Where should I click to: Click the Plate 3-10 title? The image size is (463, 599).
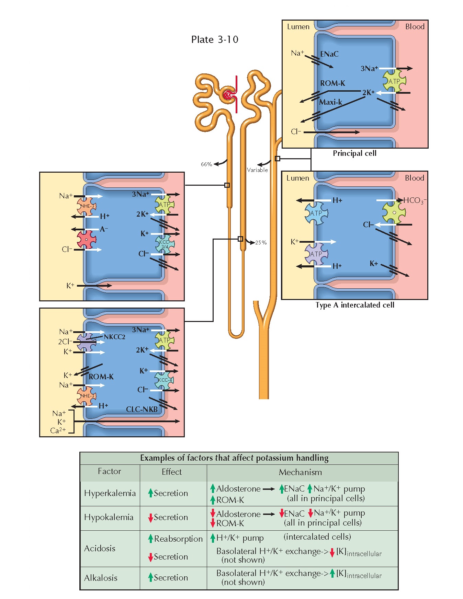(x=215, y=39)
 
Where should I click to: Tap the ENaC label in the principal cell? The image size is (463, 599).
(x=329, y=54)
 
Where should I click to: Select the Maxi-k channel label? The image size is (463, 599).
(x=330, y=102)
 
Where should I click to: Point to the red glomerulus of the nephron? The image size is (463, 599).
(x=228, y=95)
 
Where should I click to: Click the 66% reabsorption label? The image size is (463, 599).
(x=206, y=164)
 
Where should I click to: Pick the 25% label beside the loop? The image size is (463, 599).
(x=261, y=243)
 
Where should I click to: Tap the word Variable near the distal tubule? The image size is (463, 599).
(x=257, y=170)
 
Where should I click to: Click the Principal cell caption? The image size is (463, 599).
(x=354, y=153)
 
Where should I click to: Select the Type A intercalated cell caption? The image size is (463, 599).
(x=355, y=305)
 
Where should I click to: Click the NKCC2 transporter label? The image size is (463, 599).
(x=114, y=337)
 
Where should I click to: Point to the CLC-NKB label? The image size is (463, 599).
(x=142, y=409)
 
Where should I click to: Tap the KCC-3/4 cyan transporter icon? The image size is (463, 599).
(x=165, y=244)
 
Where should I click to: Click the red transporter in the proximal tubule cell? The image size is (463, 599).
(x=87, y=240)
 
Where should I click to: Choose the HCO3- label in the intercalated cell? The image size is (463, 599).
(x=415, y=200)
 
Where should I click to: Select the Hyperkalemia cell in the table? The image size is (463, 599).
(x=110, y=493)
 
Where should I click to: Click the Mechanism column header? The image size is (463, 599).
(x=300, y=472)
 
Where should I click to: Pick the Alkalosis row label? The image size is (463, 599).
(x=101, y=578)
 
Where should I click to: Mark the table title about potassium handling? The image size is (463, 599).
(x=234, y=458)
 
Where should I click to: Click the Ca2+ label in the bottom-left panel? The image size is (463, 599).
(x=58, y=430)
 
